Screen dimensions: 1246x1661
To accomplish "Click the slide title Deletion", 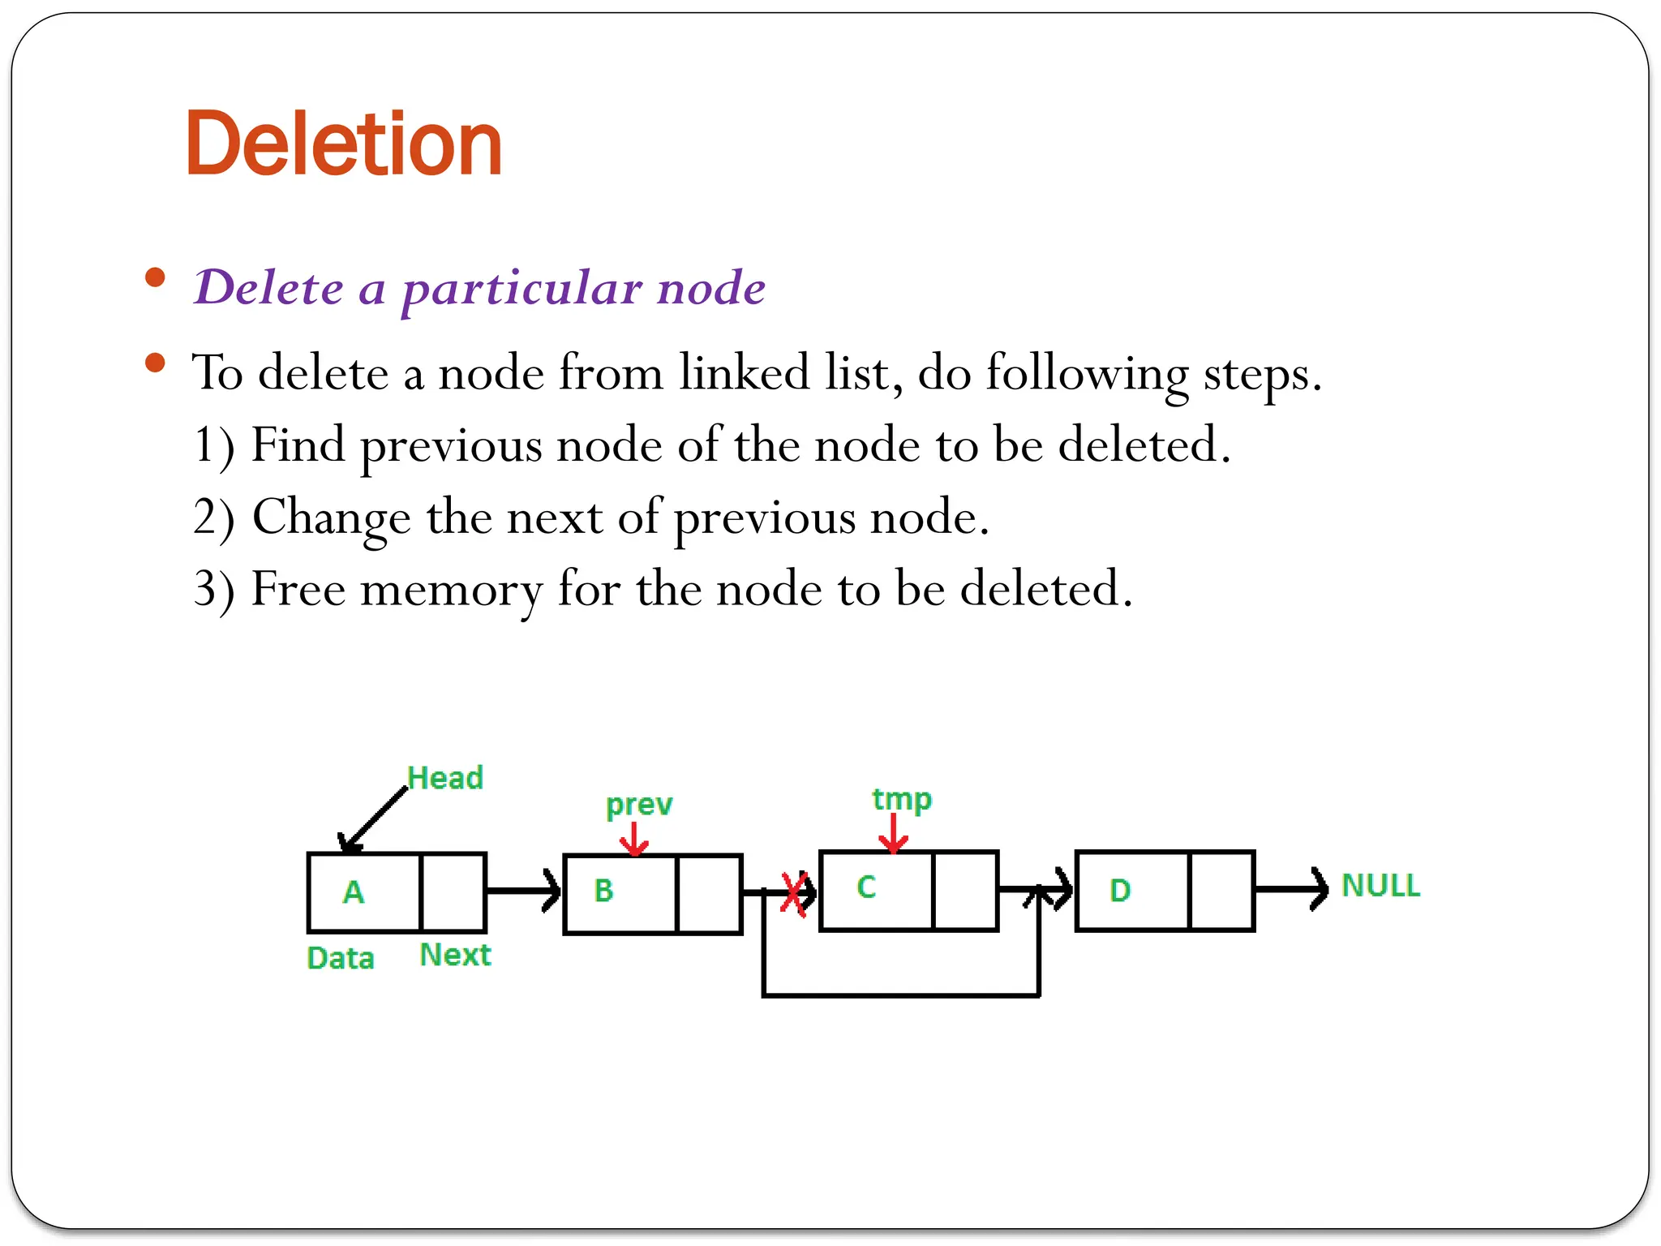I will pos(344,144).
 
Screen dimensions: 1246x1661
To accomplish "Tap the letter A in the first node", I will pos(354,892).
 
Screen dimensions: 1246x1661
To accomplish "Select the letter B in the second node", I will pos(603,891).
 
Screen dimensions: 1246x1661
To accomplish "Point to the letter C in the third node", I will pos(866,887).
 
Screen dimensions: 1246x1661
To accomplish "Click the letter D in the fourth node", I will pos(1120,891).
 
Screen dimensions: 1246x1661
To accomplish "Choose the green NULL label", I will pos(1380,885).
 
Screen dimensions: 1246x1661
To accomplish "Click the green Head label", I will pos(445,778).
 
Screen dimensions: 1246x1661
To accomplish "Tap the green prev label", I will pos(639,805).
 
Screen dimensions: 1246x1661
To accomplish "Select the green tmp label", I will pos(902,800).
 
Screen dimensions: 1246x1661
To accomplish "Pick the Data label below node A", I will pos(341,958).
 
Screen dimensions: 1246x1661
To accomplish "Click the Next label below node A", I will pos(455,955).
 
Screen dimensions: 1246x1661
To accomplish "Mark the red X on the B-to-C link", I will pos(794,894).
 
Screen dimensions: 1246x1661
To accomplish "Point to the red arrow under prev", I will pos(634,840).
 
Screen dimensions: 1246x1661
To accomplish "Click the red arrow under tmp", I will pos(893,834).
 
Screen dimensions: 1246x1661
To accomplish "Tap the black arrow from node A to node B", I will pos(523,891).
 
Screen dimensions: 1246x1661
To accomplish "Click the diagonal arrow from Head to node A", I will pos(374,819).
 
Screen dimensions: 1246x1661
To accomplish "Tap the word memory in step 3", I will pos(451,589).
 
